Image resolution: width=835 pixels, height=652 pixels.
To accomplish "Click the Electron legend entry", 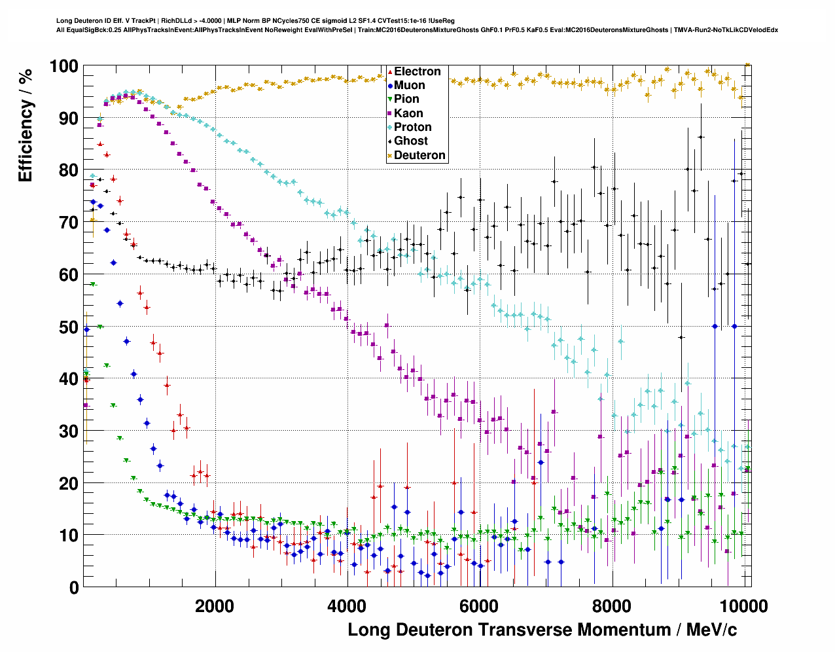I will (417, 71).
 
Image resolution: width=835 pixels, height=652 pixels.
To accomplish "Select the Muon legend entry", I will (409, 85).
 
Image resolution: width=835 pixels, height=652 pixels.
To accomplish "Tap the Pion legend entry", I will (406, 99).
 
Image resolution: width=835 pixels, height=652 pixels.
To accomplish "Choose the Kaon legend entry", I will (408, 113).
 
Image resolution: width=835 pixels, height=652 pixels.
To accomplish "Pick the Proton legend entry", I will (412, 127).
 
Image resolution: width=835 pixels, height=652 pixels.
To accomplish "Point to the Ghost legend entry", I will (410, 141).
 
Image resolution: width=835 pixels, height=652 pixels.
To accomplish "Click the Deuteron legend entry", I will (419, 155).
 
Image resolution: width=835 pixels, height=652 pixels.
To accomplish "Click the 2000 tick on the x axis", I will (215, 606).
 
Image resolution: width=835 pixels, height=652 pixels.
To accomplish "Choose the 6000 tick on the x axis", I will (480, 606).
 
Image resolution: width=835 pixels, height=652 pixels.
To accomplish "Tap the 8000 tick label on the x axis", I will (612, 606).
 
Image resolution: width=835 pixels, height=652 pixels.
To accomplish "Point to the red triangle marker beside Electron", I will (390, 71).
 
